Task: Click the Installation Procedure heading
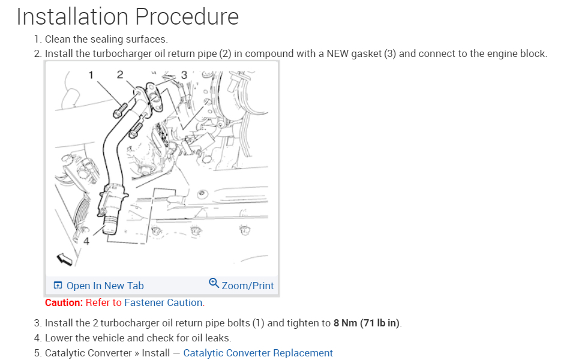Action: [x=127, y=16]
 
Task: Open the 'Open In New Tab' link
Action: [x=105, y=286]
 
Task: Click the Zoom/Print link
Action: [x=247, y=286]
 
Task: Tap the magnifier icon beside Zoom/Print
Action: [x=214, y=283]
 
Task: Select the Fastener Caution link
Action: [x=164, y=302]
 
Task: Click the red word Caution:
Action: [x=64, y=302]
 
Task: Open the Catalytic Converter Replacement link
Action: [x=258, y=353]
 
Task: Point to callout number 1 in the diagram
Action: [x=91, y=75]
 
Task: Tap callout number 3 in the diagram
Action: [x=184, y=75]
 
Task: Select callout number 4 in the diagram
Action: [x=86, y=242]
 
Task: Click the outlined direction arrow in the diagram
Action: [x=64, y=259]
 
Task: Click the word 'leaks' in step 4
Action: [x=217, y=338]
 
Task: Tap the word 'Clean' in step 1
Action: [x=59, y=39]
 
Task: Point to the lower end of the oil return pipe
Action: [x=111, y=228]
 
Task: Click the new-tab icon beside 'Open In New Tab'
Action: [x=58, y=286]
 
